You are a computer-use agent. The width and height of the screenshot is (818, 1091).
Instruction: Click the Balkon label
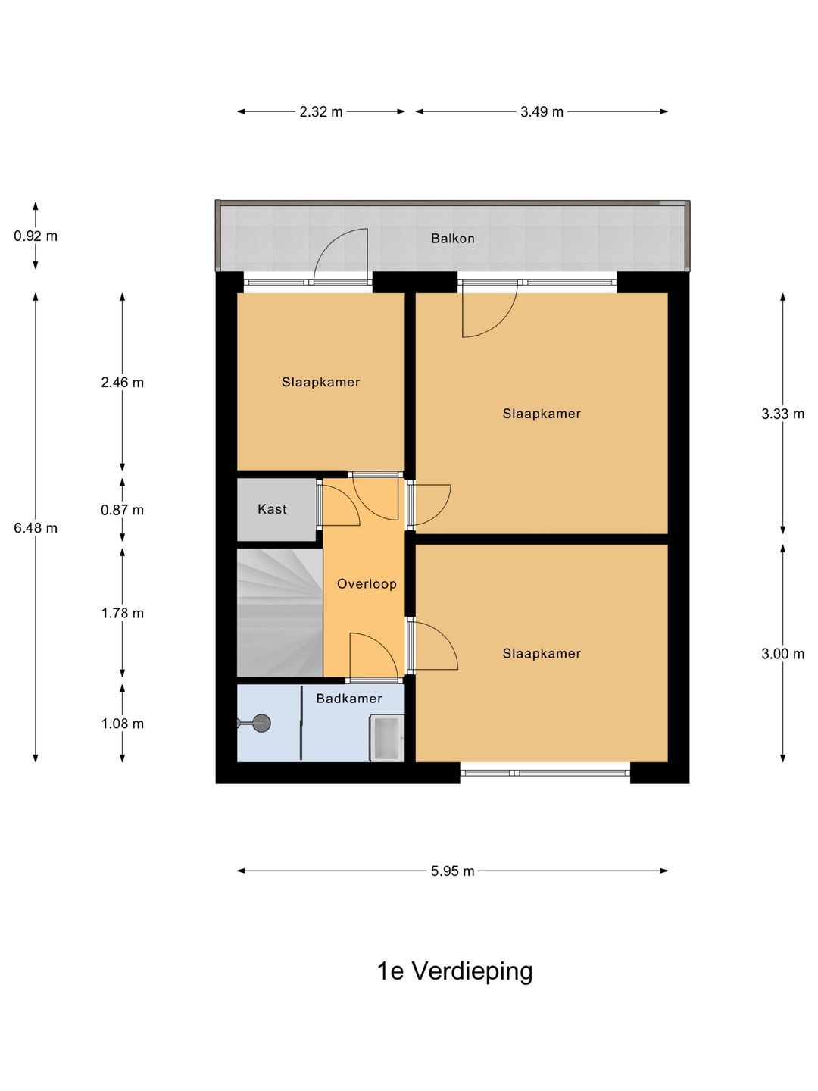pyautogui.click(x=452, y=239)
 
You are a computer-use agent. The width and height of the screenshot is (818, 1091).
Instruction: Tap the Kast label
pyautogui.click(x=272, y=509)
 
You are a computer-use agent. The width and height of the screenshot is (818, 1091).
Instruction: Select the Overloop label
pyautogui.click(x=367, y=583)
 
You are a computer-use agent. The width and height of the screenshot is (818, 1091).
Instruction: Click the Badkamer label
pyautogui.click(x=349, y=699)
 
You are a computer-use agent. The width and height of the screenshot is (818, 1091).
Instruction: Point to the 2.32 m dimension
pyautogui.click(x=321, y=112)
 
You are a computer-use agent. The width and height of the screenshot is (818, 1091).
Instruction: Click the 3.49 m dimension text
pyautogui.click(x=542, y=112)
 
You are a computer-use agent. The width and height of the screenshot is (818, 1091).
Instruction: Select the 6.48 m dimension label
pyautogui.click(x=36, y=528)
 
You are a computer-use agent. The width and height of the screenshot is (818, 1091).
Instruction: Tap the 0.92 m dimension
pyautogui.click(x=36, y=236)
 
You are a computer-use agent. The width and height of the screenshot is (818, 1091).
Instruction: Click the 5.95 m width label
pyautogui.click(x=452, y=871)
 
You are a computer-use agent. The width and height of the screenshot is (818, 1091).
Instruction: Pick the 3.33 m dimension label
pyautogui.click(x=782, y=414)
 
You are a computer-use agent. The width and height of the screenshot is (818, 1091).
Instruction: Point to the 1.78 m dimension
pyautogui.click(x=122, y=614)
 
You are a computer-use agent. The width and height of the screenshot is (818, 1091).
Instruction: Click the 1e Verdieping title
pyautogui.click(x=455, y=972)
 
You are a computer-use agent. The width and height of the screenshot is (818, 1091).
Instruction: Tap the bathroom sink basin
pyautogui.click(x=387, y=739)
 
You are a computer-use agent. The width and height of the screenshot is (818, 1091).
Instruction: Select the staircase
pyautogui.click(x=279, y=613)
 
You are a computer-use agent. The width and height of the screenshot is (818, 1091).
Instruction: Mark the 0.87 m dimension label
pyautogui.click(x=122, y=510)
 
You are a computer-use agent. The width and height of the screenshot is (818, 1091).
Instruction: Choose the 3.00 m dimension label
pyautogui.click(x=782, y=654)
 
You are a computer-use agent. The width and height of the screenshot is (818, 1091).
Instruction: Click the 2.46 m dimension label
pyautogui.click(x=122, y=382)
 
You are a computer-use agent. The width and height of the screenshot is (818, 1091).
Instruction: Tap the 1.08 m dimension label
pyautogui.click(x=122, y=724)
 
